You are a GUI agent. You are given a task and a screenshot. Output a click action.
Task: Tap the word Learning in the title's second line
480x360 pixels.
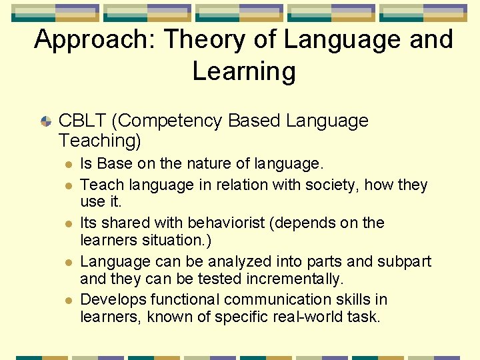pyautogui.click(x=244, y=71)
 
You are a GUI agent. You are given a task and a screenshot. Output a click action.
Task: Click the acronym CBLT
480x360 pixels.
pyautogui.click(x=82, y=121)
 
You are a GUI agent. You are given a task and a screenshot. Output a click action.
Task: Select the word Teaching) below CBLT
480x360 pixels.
pyautogui.click(x=100, y=141)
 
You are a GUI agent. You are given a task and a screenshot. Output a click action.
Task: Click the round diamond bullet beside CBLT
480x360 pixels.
pyautogui.click(x=46, y=121)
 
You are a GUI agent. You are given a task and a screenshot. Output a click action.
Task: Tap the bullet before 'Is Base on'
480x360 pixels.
pyautogui.click(x=68, y=164)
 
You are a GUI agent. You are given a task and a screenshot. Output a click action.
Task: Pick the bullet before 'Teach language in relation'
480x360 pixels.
pyautogui.click(x=68, y=185)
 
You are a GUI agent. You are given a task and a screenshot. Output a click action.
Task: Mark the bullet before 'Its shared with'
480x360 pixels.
pyautogui.click(x=68, y=223)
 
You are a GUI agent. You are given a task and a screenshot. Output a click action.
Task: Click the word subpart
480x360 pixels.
pyautogui.click(x=404, y=261)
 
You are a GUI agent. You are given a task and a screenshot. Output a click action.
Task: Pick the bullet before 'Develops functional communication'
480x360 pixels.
pyautogui.click(x=68, y=301)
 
